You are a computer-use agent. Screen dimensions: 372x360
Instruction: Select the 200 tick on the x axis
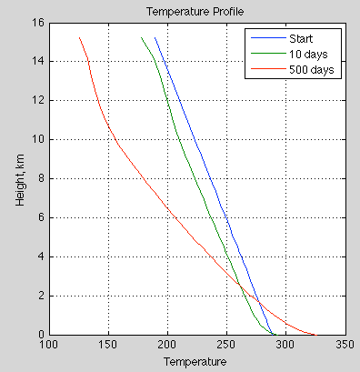click(x=167, y=346)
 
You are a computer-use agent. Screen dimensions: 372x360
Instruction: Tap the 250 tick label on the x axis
click(x=226, y=346)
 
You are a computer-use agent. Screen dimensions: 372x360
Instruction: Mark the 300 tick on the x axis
click(x=285, y=346)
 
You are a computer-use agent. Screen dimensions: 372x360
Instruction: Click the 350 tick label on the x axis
click(x=345, y=346)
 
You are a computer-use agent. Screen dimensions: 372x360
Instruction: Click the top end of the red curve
click(x=79, y=37)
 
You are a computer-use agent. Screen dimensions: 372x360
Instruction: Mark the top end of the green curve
click(x=141, y=37)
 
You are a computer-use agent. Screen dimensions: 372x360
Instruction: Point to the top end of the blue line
click(x=155, y=37)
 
